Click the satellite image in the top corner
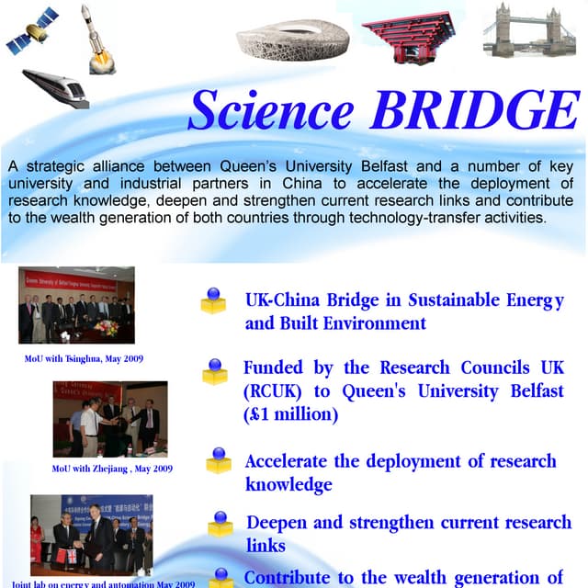[x=32, y=33]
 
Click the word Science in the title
[x=270, y=111]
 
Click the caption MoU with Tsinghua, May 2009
[x=84, y=357]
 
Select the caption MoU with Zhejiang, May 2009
[x=112, y=469]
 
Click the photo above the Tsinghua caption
[x=76, y=305]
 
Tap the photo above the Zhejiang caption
[x=110, y=419]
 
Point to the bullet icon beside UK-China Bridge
[x=213, y=300]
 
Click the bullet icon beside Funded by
[x=215, y=370]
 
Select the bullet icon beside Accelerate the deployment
[x=219, y=459]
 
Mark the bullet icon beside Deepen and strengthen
[x=220, y=523]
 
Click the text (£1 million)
[x=291, y=414]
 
